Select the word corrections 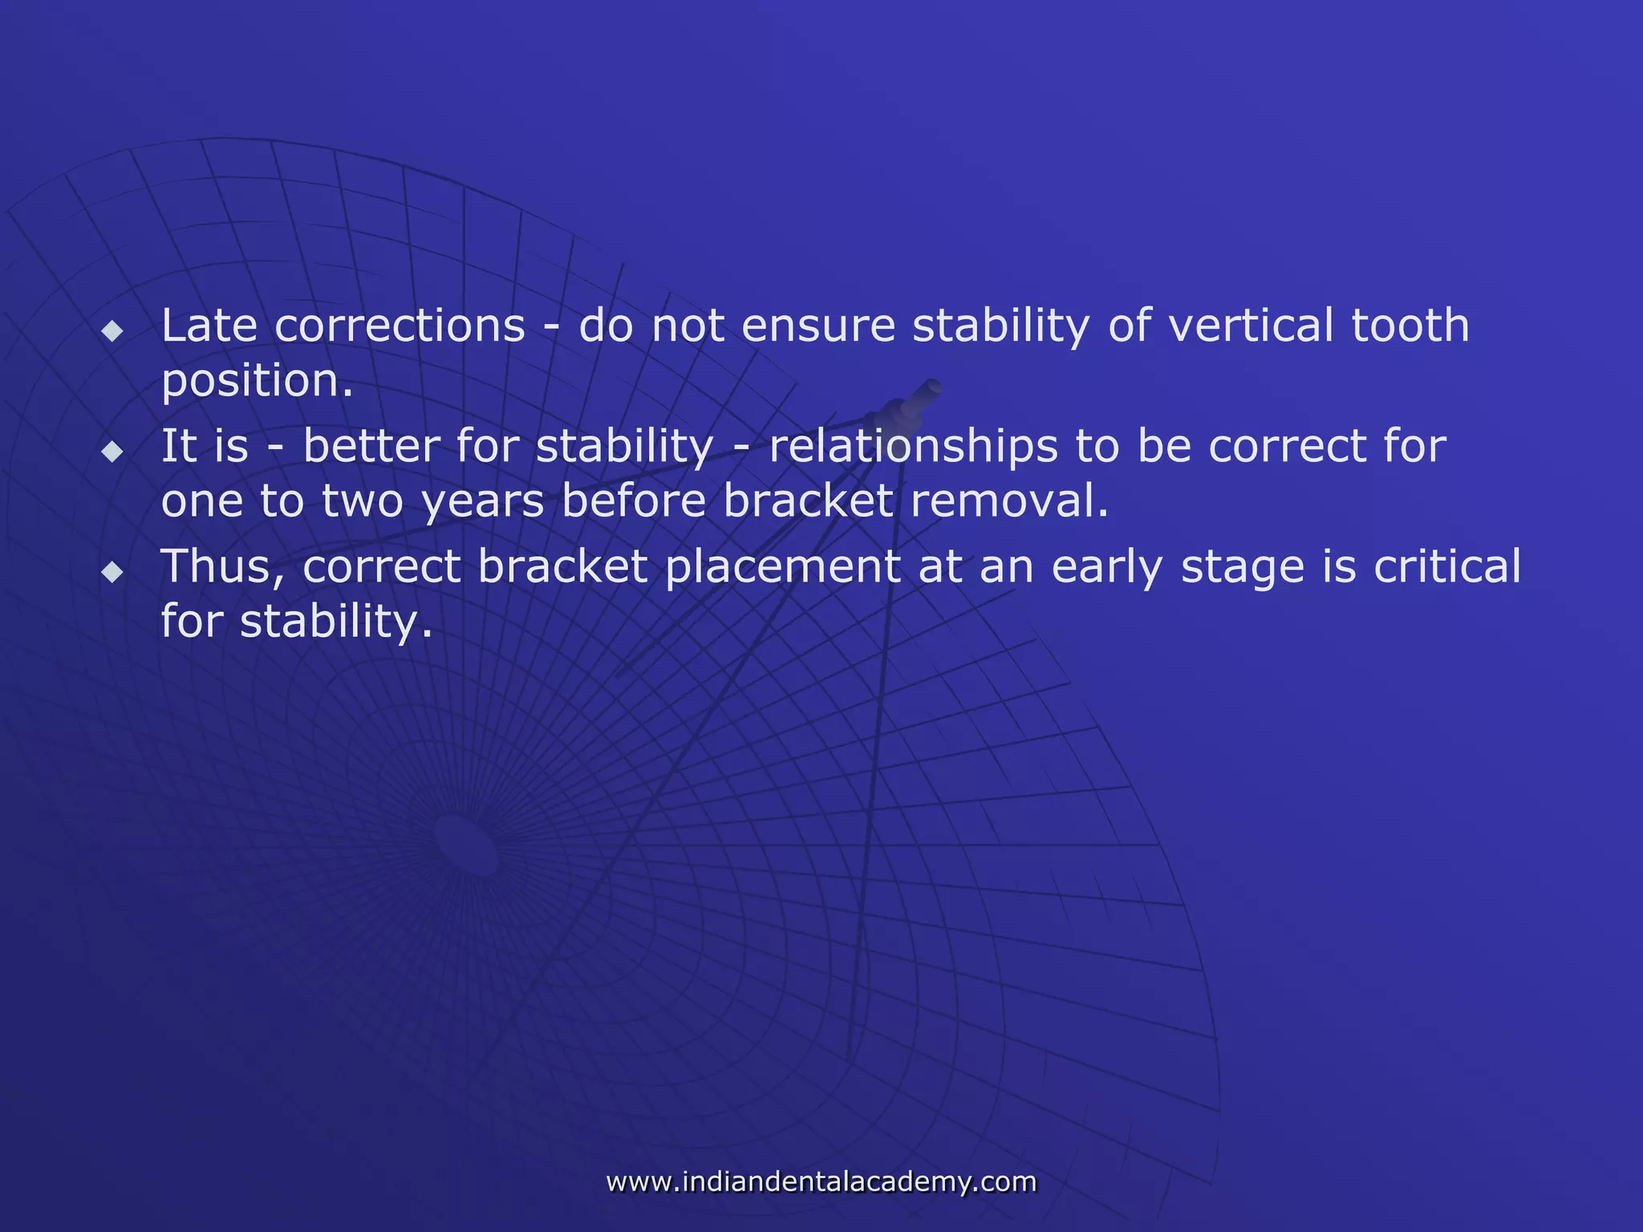pyautogui.click(x=400, y=326)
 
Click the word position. pyautogui.click(x=257, y=382)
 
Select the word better pyautogui.click(x=371, y=446)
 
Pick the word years pyautogui.click(x=483, y=502)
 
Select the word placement pyautogui.click(x=782, y=566)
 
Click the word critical pyautogui.click(x=1446, y=566)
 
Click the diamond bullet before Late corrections pyautogui.click(x=112, y=330)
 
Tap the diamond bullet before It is pyautogui.click(x=112, y=451)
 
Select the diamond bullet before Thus pyautogui.click(x=112, y=571)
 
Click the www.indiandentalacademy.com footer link pyautogui.click(x=821, y=1181)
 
